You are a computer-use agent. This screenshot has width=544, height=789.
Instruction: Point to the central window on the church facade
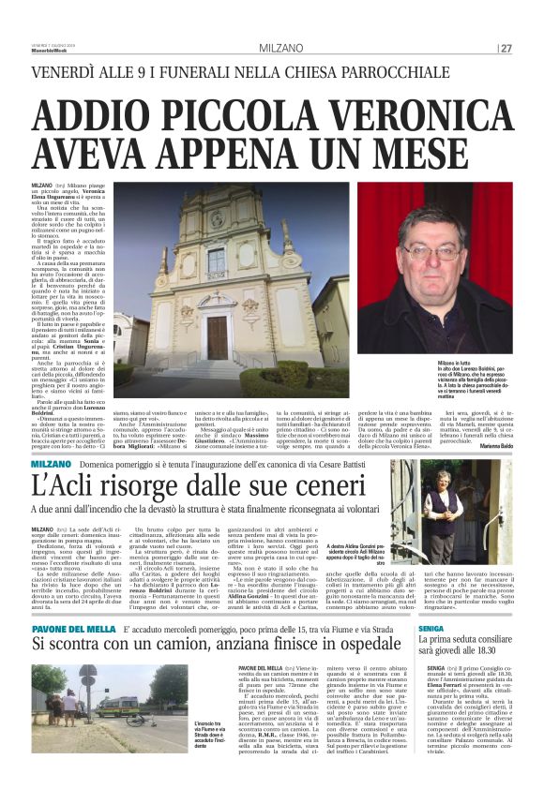pos(217,260)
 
